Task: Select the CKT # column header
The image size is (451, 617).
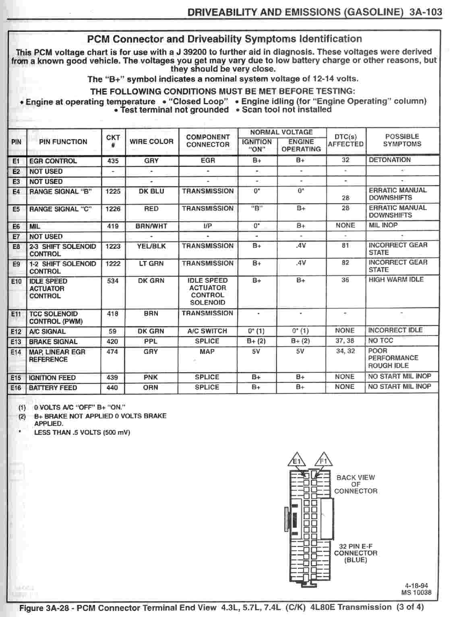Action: point(113,141)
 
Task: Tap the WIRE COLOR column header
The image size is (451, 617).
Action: point(151,142)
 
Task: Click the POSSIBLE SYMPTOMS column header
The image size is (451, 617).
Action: point(402,140)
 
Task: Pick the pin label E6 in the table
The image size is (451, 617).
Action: point(16,226)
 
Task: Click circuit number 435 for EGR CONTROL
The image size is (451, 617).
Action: point(113,160)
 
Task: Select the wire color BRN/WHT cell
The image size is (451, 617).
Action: point(151,226)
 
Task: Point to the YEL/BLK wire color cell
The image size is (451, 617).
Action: point(151,246)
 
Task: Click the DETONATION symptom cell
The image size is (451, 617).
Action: point(389,160)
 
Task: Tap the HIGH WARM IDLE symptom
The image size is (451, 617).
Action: point(396,280)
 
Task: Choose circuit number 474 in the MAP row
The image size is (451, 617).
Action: point(112,352)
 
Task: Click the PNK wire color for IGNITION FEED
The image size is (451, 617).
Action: point(151,377)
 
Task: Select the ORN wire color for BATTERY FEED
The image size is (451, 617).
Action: point(151,387)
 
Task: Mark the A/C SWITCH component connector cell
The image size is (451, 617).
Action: point(207,331)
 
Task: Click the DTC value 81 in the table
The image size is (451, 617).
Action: point(345,245)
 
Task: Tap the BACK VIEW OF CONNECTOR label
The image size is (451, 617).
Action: point(356,484)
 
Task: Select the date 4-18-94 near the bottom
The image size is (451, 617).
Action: point(416,586)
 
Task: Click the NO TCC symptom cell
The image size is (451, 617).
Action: point(381,341)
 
